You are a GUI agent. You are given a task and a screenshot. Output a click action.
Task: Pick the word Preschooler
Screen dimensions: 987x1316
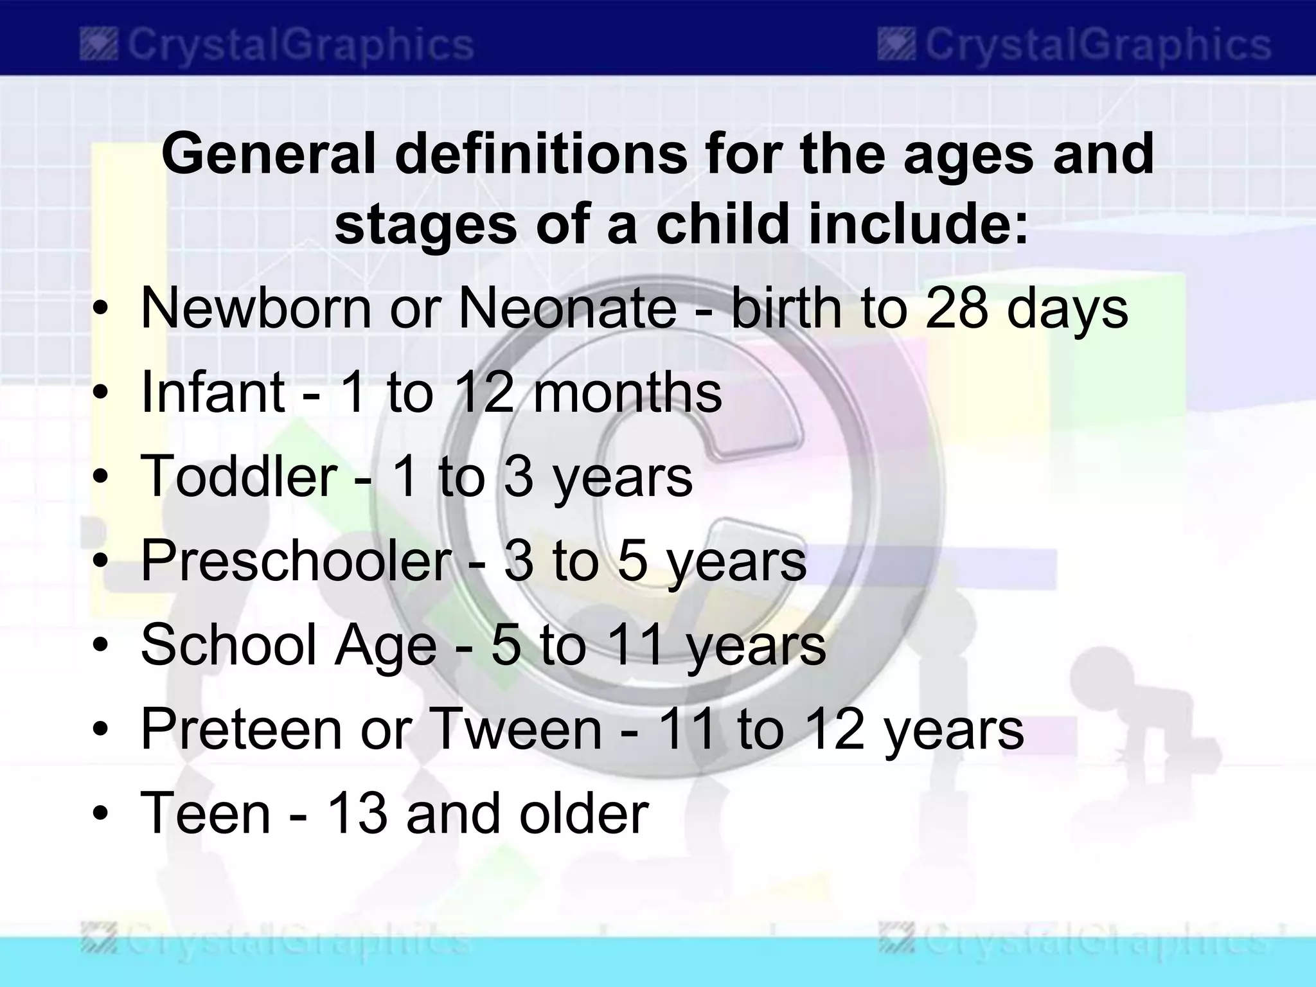click(x=296, y=560)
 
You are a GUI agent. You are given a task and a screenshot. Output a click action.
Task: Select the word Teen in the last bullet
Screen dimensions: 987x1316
click(x=206, y=813)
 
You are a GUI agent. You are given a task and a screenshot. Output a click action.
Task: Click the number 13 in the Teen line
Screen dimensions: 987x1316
click(x=357, y=813)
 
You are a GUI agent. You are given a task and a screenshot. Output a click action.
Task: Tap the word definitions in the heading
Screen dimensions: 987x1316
click(x=540, y=154)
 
